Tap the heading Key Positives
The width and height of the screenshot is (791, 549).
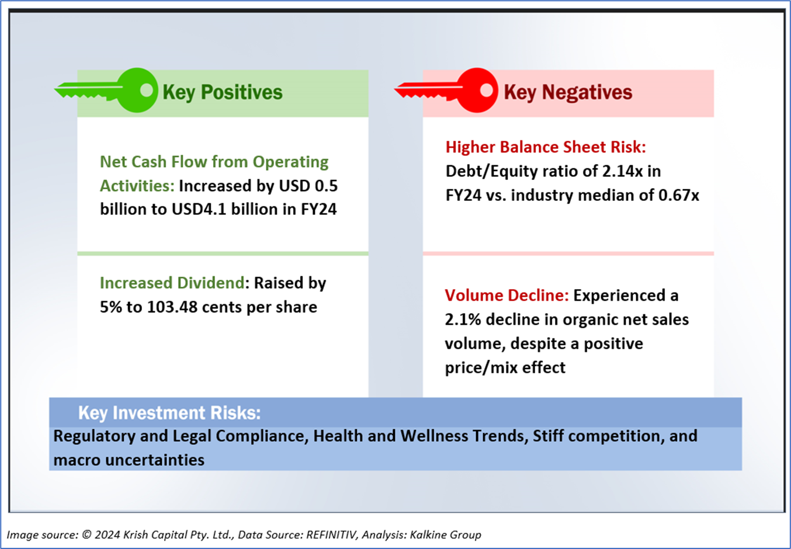[x=223, y=92]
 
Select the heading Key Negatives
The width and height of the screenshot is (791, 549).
[x=568, y=92]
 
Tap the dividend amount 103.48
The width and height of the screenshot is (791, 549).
[x=172, y=307]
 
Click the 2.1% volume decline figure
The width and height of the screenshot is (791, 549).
[x=463, y=320]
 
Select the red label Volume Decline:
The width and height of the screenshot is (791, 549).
[x=506, y=296]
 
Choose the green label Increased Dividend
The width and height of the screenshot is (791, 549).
[x=172, y=283]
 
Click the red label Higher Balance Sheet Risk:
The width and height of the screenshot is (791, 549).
[x=546, y=147]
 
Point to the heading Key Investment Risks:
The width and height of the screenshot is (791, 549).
[x=169, y=413]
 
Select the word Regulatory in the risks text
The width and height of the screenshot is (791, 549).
[x=94, y=436]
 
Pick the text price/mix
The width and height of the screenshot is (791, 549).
[x=481, y=368]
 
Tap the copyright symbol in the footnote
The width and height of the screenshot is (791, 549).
[x=86, y=535]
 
